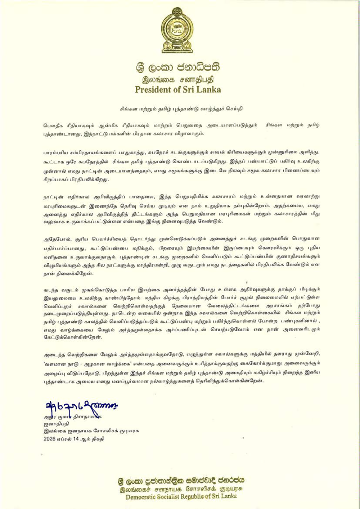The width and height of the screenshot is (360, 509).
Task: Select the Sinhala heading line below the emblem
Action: tap(178, 68)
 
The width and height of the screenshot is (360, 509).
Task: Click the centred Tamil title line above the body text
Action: tap(179, 108)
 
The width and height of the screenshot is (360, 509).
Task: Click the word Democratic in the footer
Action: tap(142, 497)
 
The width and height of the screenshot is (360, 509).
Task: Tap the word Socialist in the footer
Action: tap(171, 497)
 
